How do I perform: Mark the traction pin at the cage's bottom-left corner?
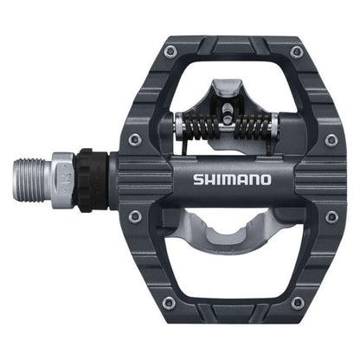168,302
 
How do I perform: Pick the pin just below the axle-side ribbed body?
134,216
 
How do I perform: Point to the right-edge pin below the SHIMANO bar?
331,216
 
